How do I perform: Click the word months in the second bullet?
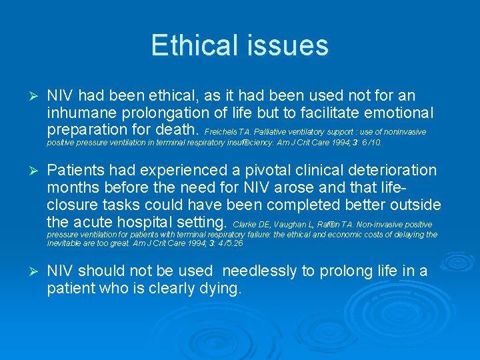[x=75, y=187]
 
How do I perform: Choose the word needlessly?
[x=261, y=272]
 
